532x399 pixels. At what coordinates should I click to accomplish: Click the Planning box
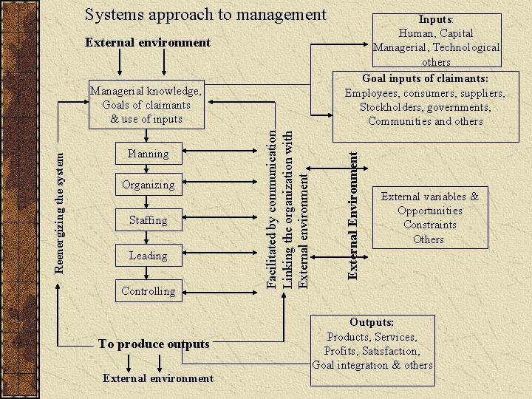coord(148,154)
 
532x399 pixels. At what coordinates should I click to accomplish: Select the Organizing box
coord(148,185)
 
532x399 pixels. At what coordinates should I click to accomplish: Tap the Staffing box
coord(148,220)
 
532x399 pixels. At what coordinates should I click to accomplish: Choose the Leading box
coord(148,256)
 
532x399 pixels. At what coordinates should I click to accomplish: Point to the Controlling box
coord(148,291)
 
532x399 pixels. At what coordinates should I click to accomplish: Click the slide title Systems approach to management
coord(205,14)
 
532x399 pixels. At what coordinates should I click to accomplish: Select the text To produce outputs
coord(154,344)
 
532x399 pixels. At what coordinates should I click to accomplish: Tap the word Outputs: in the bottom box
coord(372,322)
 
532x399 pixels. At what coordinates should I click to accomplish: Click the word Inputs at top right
coord(435,18)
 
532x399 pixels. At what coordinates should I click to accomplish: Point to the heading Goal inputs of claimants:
coord(425,78)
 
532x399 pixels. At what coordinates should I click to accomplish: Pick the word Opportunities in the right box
coord(429,211)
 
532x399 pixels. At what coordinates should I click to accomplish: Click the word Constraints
coord(429,225)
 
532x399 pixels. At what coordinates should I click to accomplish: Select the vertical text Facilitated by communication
coord(272,208)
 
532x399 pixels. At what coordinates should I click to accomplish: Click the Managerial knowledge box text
coord(146,105)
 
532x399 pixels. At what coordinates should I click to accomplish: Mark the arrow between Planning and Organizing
coord(148,169)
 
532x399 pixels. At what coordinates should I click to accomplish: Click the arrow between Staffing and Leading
coord(148,238)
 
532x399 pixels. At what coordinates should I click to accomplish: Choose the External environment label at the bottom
coord(158,378)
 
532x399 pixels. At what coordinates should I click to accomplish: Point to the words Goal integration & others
coord(372,365)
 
